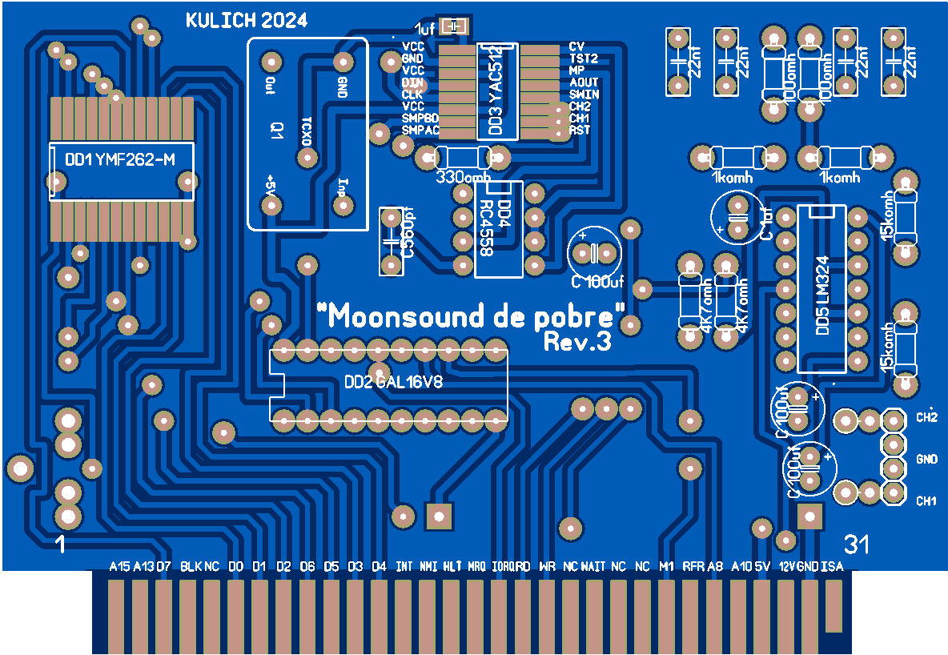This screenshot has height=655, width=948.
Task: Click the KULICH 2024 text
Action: tap(246, 22)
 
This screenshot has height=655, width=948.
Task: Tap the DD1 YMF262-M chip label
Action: tap(119, 161)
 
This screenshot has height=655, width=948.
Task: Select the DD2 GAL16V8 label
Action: tap(393, 383)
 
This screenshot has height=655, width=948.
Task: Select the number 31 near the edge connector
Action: tap(856, 545)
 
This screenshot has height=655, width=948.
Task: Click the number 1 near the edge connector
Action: tap(60, 545)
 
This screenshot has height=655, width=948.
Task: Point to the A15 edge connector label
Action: tap(119, 567)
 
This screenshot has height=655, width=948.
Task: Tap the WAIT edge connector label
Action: tap(593, 567)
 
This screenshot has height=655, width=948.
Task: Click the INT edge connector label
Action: tap(405, 567)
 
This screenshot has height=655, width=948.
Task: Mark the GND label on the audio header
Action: tap(926, 460)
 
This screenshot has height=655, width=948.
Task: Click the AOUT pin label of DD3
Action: tap(584, 82)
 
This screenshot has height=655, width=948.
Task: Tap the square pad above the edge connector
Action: tap(439, 514)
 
